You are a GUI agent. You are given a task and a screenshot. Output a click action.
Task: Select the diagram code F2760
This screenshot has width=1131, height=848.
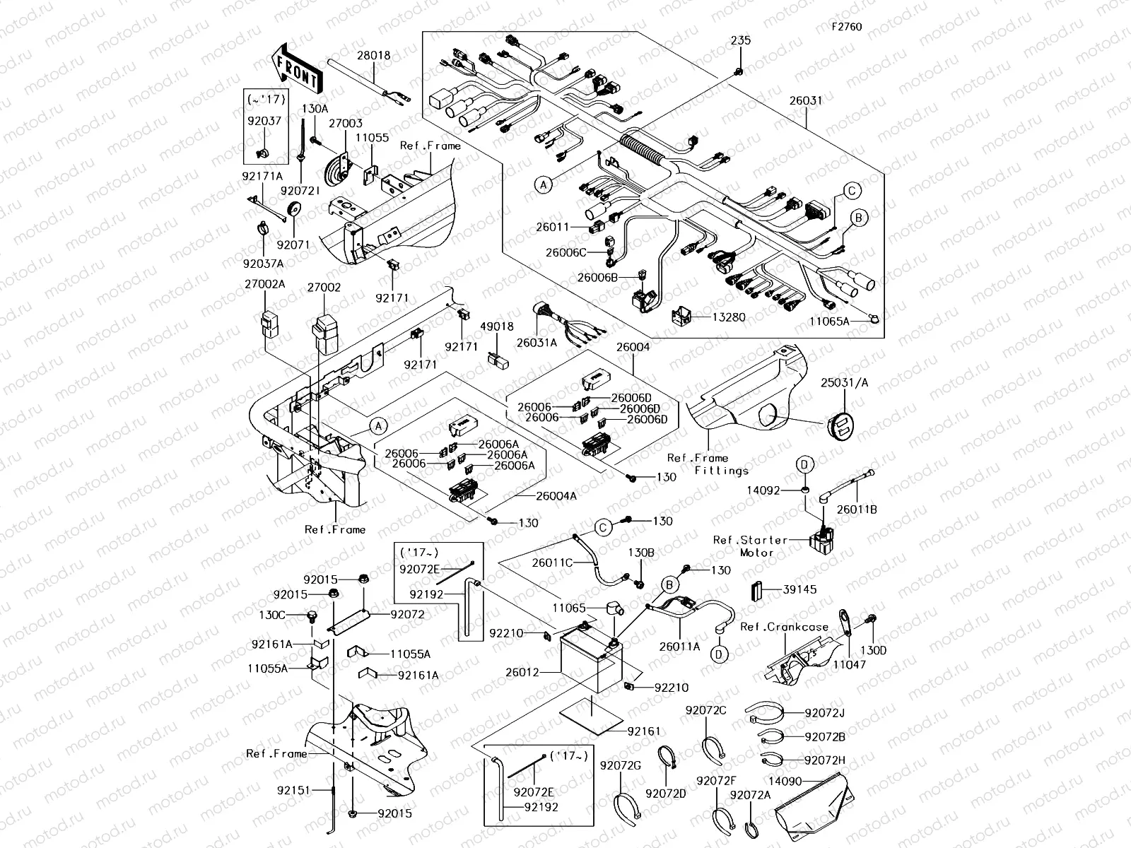tap(846, 27)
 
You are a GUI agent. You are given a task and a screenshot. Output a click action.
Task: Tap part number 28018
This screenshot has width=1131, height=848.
tap(373, 55)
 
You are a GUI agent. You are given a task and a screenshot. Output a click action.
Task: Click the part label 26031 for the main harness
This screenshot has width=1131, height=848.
tap(806, 100)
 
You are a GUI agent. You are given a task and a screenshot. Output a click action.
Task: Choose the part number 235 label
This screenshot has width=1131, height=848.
tap(740, 42)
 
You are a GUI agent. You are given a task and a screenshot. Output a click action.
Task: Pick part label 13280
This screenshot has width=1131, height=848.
tap(728, 317)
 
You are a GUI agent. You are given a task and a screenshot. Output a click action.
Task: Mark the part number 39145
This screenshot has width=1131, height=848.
tap(799, 589)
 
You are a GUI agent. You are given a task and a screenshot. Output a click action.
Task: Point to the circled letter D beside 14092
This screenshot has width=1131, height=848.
tap(804, 464)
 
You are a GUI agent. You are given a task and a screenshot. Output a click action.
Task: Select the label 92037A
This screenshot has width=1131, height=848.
tap(263, 264)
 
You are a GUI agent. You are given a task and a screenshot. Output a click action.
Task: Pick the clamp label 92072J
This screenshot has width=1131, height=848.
tap(824, 713)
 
